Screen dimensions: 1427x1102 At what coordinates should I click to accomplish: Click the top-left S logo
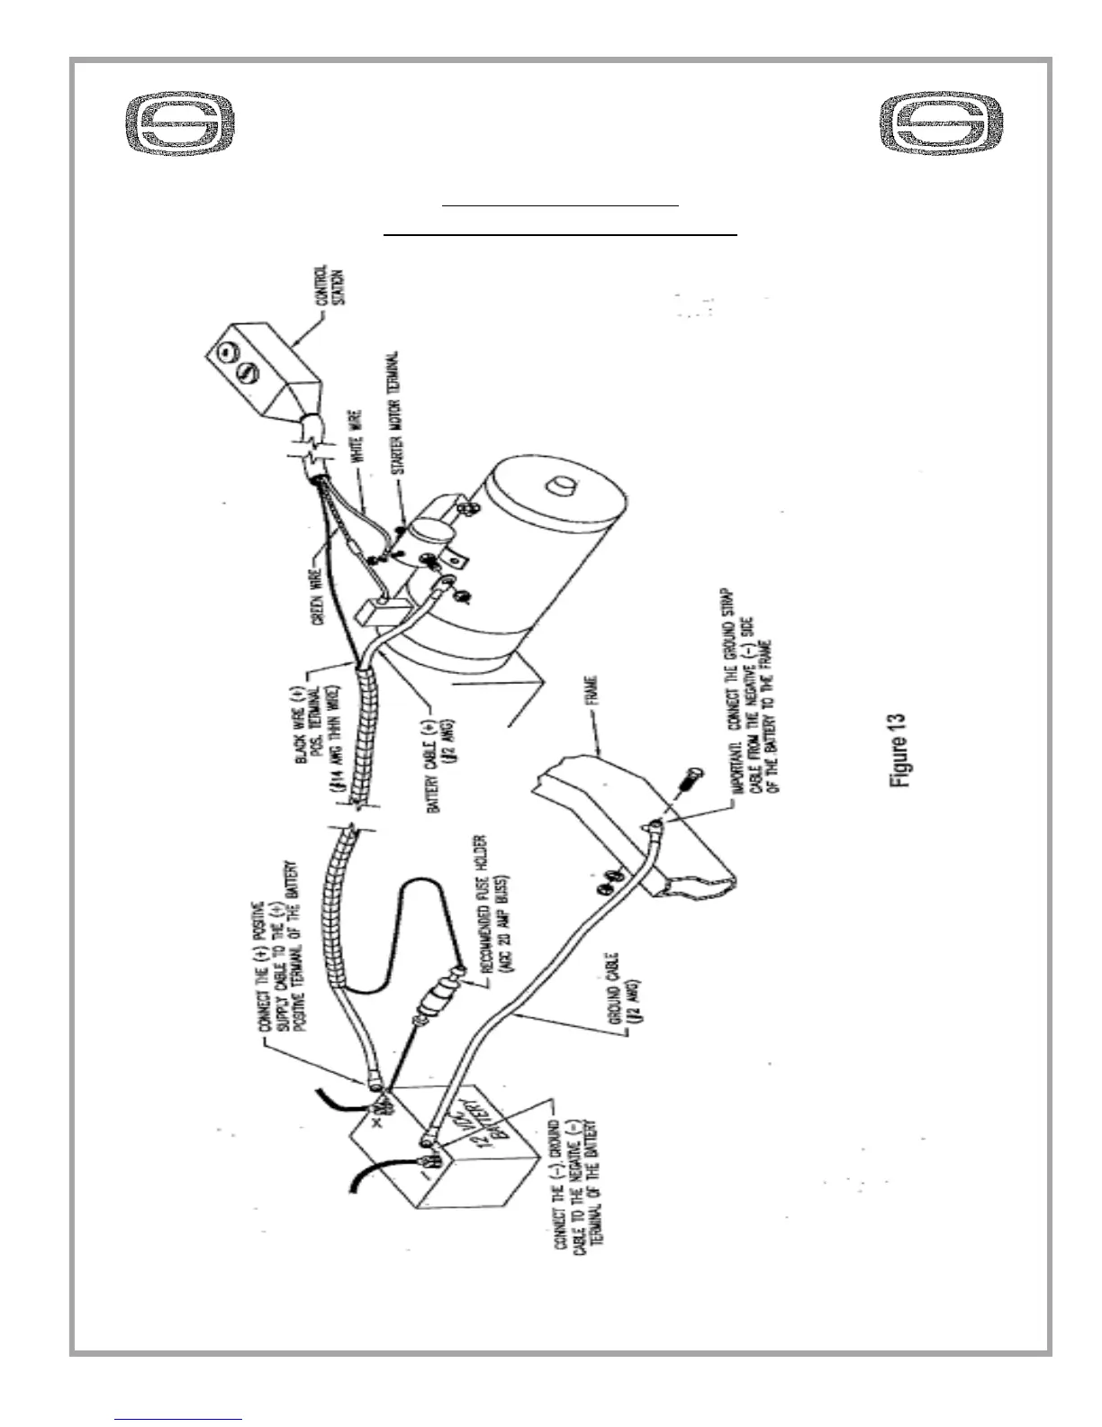(179, 123)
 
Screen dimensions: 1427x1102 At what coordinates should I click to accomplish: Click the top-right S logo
(941, 123)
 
